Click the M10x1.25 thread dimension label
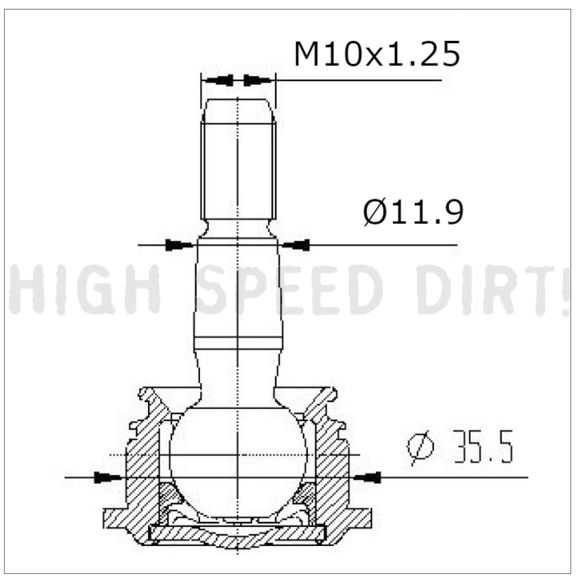[377, 54]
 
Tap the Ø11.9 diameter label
[414, 212]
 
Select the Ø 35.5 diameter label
[461, 447]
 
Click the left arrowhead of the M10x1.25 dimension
[219, 81]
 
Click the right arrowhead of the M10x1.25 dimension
[257, 81]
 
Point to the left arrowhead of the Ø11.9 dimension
[179, 245]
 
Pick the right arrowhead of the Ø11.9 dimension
[296, 245]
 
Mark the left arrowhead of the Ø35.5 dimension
[108, 477]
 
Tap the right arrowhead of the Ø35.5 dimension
[367, 477]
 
